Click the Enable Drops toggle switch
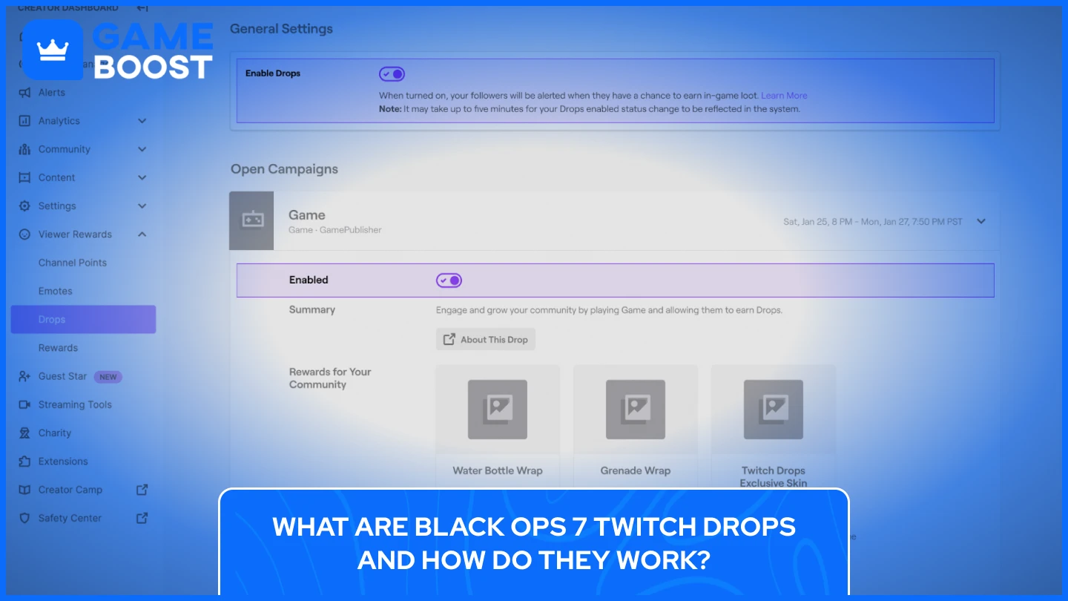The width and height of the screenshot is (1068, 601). pyautogui.click(x=392, y=74)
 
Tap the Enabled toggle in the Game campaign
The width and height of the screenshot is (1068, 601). pyautogui.click(x=449, y=280)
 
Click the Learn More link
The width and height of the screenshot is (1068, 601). pyautogui.click(x=784, y=96)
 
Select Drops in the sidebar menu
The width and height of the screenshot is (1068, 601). pyautogui.click(x=52, y=320)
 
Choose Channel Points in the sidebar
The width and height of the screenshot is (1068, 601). pyautogui.click(x=73, y=263)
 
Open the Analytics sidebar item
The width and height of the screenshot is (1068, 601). pyautogui.click(x=59, y=121)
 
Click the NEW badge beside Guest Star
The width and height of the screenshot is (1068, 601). pyautogui.click(x=108, y=377)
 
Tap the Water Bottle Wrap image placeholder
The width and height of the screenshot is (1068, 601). pyautogui.click(x=498, y=410)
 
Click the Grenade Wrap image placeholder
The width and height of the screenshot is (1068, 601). pyautogui.click(x=636, y=410)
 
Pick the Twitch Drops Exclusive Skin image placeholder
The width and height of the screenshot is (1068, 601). pyautogui.click(x=774, y=410)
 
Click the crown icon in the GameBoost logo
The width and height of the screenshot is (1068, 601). pyautogui.click(x=53, y=50)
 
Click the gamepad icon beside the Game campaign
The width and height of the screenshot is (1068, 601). pyautogui.click(x=252, y=221)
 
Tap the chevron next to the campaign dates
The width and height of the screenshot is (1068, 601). pyautogui.click(x=981, y=221)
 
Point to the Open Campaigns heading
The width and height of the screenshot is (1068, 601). pyautogui.click(x=284, y=169)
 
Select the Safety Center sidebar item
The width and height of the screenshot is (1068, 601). pyautogui.click(x=70, y=518)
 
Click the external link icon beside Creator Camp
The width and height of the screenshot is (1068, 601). pyautogui.click(x=142, y=490)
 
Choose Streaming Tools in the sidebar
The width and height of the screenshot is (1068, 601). pyautogui.click(x=75, y=405)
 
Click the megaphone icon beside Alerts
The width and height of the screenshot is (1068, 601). pyautogui.click(x=24, y=93)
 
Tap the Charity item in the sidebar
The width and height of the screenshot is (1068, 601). pyautogui.click(x=55, y=433)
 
